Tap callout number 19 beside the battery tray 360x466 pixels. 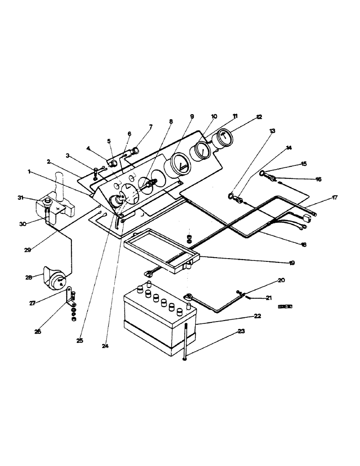[x=291, y=263]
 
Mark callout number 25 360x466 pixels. [x=80, y=341]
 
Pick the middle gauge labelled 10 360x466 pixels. [x=202, y=150]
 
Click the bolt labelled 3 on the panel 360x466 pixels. [x=95, y=171]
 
